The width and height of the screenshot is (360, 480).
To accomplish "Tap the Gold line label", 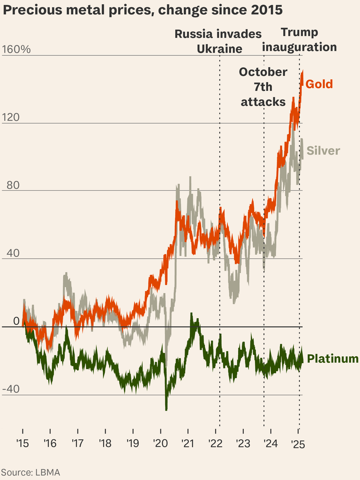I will point(319,84).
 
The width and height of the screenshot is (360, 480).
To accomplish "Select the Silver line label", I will point(323,151).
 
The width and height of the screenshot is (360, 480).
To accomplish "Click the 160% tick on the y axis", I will point(16,49).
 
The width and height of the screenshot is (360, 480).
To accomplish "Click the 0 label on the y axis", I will point(16,321).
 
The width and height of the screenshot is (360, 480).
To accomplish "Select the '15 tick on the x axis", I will point(22,443).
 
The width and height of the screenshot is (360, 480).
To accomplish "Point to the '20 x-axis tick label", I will point(160,443).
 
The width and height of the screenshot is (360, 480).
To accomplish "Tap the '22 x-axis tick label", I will point(215,443).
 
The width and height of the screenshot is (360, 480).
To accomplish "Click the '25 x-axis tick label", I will point(298,443).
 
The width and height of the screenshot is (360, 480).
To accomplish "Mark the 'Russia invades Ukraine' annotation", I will point(218,41).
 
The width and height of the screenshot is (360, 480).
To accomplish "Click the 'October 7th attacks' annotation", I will point(263,87).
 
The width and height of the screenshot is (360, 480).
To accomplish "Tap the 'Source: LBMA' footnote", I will point(30,472).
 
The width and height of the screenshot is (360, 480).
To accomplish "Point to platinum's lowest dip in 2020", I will point(166,409).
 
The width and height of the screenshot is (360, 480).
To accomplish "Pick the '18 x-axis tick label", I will point(105,443).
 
